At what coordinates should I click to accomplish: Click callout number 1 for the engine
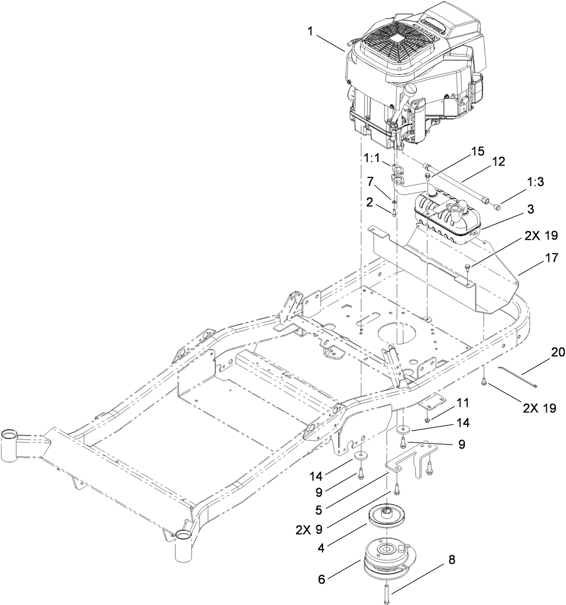click(309, 32)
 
